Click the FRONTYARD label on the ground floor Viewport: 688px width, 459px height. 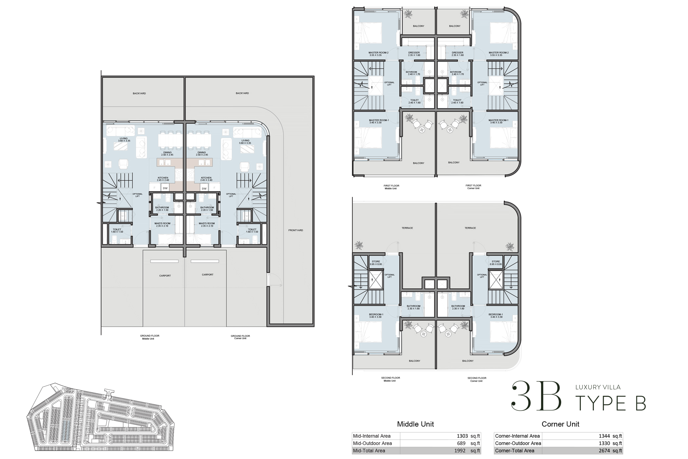coord(295,230)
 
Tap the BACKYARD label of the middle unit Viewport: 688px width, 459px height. coord(139,93)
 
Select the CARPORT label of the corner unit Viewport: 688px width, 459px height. coord(207,275)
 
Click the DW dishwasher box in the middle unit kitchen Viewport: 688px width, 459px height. coord(165,188)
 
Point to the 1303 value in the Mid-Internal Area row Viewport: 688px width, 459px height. coord(462,436)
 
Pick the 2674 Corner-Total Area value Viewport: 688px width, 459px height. coord(604,451)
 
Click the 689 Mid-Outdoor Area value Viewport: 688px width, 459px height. coord(461,443)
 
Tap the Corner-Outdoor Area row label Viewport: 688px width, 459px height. coord(518,443)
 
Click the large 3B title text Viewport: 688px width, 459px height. coord(537,397)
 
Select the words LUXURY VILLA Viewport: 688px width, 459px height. coord(598,387)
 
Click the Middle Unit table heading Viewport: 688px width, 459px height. coord(415,424)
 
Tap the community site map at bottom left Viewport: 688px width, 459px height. coord(100,418)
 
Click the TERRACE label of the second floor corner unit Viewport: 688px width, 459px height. coord(470,228)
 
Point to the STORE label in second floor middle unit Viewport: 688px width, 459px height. coord(376,262)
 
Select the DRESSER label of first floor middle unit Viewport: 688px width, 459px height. coord(414,52)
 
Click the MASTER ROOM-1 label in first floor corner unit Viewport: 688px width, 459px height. coord(498,120)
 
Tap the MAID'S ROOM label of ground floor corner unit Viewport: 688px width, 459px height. coord(206,224)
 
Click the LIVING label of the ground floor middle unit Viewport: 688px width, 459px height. coord(124,139)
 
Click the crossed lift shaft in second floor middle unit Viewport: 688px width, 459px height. coord(376,280)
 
